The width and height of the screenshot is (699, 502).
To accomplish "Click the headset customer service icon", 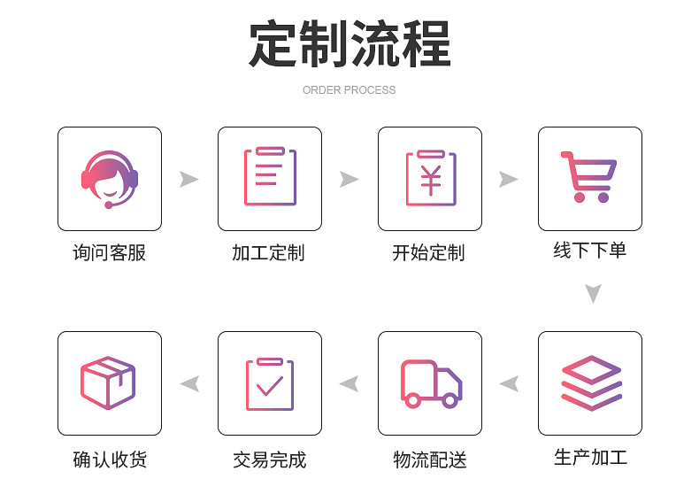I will [x=110, y=179].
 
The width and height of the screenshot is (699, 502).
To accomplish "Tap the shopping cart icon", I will [x=589, y=177].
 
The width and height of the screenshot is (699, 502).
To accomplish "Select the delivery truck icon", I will [x=430, y=383].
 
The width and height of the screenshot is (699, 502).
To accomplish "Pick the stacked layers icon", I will [x=590, y=382].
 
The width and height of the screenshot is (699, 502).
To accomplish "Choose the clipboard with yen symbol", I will [x=430, y=178].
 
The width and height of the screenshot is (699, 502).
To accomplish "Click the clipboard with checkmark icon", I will [x=269, y=383].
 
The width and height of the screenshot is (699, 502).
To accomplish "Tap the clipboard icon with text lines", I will [x=269, y=177].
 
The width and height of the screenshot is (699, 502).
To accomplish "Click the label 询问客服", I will [x=109, y=253].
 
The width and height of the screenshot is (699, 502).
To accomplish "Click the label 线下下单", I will [x=590, y=251].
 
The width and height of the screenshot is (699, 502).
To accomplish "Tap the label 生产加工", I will [x=590, y=458].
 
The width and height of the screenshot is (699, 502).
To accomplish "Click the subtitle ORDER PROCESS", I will [x=349, y=90].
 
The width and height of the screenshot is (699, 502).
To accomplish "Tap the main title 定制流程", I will [x=349, y=43].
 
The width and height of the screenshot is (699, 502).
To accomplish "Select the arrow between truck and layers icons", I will [x=509, y=383].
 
